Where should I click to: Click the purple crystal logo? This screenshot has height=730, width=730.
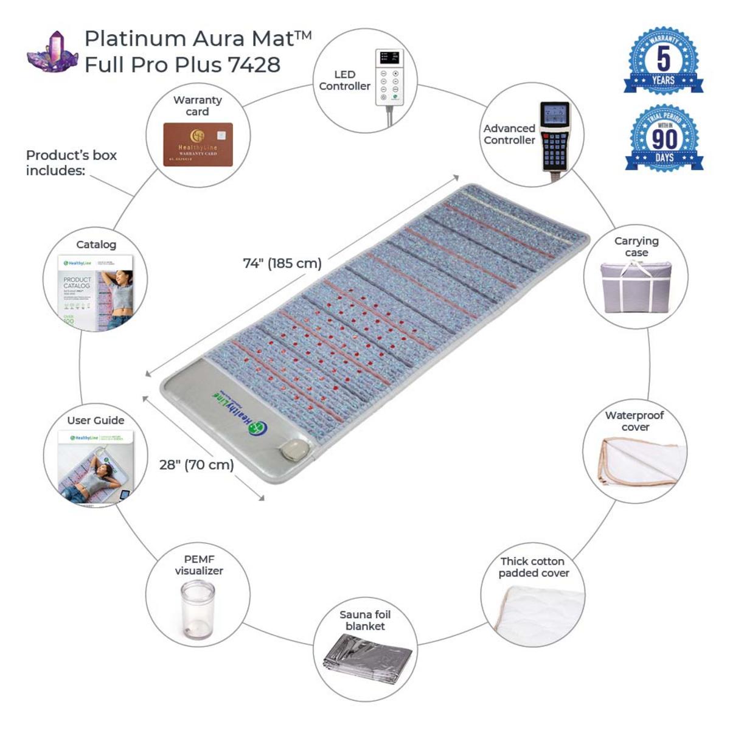52,53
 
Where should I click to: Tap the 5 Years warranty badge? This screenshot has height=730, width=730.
663,61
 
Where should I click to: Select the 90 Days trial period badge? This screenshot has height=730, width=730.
664,139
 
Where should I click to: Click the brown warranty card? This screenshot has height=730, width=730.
198,145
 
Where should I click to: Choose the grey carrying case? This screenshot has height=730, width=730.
636,287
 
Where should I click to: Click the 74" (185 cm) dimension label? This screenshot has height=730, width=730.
282,263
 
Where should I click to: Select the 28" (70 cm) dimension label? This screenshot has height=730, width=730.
196,465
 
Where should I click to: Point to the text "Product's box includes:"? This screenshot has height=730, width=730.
71,163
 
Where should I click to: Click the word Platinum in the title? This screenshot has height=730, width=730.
135,38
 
